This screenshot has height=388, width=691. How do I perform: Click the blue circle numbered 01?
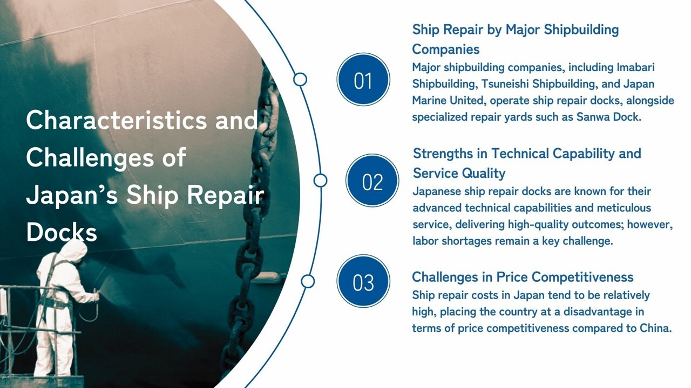click(x=363, y=80)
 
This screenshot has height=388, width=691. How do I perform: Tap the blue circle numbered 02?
click(x=372, y=181)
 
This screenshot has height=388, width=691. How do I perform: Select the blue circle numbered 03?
click(x=363, y=281)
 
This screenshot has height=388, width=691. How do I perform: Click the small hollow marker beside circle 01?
click(x=300, y=80)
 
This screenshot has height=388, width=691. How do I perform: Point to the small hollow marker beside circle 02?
click(x=320, y=181)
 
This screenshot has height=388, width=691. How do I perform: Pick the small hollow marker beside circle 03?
click(x=308, y=281)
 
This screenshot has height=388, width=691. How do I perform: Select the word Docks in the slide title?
click(x=61, y=232)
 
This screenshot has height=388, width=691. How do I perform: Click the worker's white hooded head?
click(x=74, y=252)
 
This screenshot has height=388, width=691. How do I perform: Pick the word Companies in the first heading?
click(x=445, y=50)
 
